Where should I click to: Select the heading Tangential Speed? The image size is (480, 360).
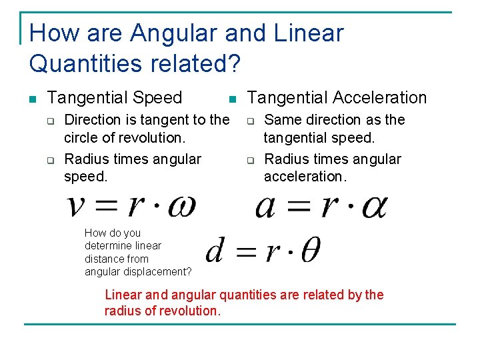pyautogui.click(x=115, y=98)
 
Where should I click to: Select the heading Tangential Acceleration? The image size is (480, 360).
pyautogui.click(x=337, y=98)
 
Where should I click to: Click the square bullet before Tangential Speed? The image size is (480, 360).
pyautogui.click(x=32, y=99)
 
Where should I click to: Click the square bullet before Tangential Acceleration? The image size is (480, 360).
pyautogui.click(x=231, y=99)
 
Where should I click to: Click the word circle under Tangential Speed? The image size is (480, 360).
pyautogui.click(x=79, y=137)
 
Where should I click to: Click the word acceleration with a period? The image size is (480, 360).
pyautogui.click(x=305, y=176)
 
